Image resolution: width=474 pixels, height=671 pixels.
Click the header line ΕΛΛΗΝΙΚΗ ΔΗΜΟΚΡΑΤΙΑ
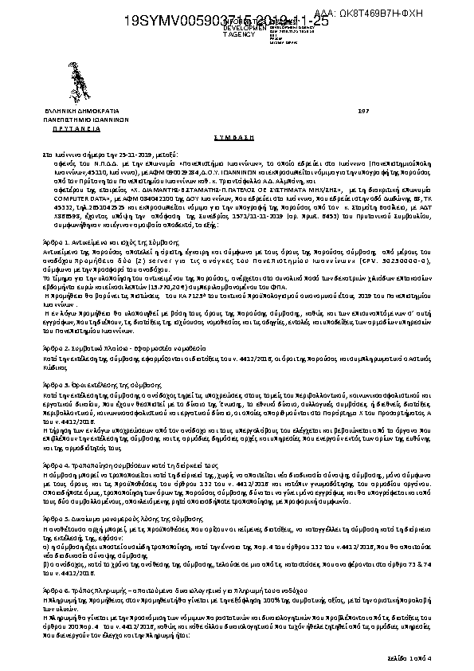(x=80, y=110)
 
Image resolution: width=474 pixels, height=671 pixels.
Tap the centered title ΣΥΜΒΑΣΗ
(x=237, y=135)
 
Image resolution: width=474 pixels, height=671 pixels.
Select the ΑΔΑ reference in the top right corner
(x=418, y=14)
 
